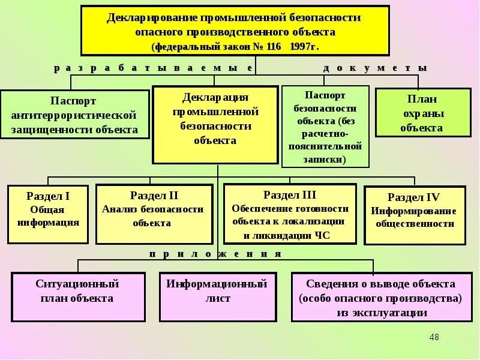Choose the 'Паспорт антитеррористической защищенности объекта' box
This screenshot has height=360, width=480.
74,115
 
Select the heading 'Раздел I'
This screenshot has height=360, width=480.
49,196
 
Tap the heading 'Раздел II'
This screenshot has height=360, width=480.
154,195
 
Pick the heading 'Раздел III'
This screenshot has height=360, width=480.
290,194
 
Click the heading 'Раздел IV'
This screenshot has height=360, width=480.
414,197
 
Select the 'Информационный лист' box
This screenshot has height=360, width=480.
217,291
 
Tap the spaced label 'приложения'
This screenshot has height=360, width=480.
215,254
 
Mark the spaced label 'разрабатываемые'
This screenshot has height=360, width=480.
153,68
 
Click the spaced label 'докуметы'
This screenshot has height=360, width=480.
375,68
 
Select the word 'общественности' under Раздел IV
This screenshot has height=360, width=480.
415,223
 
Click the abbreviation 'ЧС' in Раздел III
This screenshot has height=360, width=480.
322,235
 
